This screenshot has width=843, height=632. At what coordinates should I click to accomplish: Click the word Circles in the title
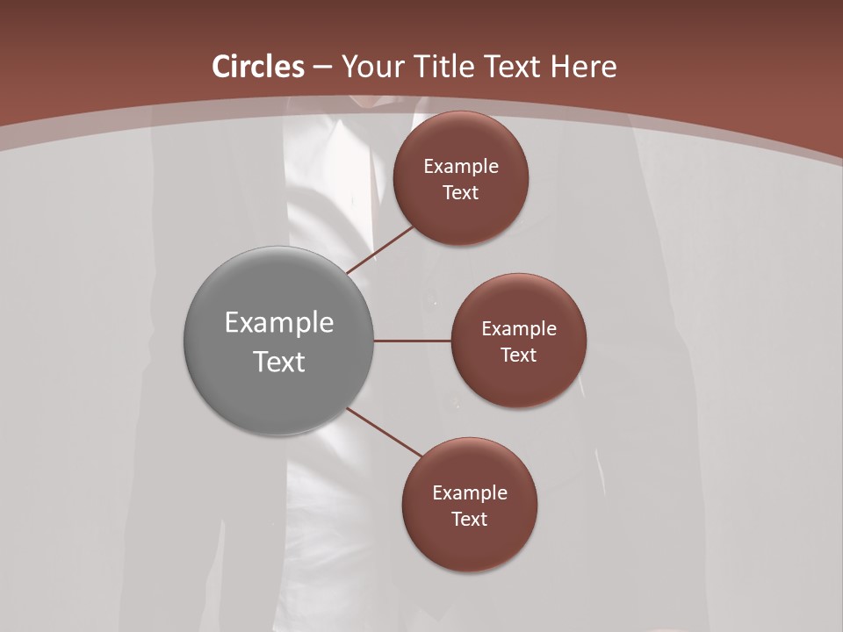(x=258, y=67)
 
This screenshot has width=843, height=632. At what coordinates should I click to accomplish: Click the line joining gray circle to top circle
(x=380, y=250)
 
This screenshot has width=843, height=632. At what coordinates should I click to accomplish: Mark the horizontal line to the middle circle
(x=413, y=341)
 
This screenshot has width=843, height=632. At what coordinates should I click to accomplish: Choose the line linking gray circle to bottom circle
(x=385, y=433)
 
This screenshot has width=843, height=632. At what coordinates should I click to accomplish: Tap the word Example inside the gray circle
(x=279, y=323)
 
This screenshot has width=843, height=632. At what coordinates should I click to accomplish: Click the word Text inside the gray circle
(x=279, y=362)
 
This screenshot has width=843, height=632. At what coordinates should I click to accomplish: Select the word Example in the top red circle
(x=461, y=167)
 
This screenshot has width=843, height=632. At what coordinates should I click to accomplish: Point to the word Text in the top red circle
(x=460, y=193)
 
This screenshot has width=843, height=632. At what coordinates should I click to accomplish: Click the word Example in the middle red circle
(x=519, y=329)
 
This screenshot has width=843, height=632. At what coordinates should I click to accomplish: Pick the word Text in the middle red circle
(x=518, y=355)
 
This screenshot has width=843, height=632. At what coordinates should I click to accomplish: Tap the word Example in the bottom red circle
(x=470, y=493)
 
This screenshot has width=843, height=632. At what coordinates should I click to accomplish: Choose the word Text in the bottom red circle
(x=469, y=520)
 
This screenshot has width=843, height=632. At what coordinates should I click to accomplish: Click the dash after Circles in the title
(x=322, y=68)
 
